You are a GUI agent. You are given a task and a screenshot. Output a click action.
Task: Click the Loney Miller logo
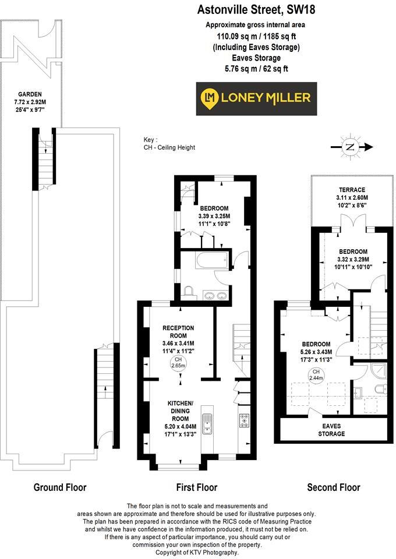(x=256, y=98)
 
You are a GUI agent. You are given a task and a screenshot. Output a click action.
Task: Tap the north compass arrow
(x=350, y=147)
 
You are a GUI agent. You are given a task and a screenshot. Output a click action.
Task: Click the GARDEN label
(x=29, y=94)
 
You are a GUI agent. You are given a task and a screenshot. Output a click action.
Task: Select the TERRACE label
(x=352, y=190)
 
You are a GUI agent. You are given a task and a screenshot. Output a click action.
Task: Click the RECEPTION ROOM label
(x=178, y=332)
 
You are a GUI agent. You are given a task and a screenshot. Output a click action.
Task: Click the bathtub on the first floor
(x=211, y=260)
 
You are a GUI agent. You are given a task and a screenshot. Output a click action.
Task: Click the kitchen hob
(x=245, y=420)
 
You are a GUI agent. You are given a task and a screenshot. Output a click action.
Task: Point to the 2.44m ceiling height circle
(x=316, y=375)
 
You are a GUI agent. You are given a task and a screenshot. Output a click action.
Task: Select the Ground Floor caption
(x=59, y=487)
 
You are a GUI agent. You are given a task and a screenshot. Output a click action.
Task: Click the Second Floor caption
(x=334, y=487)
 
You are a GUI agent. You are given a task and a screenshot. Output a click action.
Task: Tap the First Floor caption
(x=196, y=487)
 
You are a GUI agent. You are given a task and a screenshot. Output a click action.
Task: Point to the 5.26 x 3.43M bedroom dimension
(x=316, y=352)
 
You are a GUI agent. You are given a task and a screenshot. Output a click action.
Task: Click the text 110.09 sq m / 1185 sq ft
(x=256, y=36)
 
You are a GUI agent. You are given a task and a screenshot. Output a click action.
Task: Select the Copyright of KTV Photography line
(x=197, y=552)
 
